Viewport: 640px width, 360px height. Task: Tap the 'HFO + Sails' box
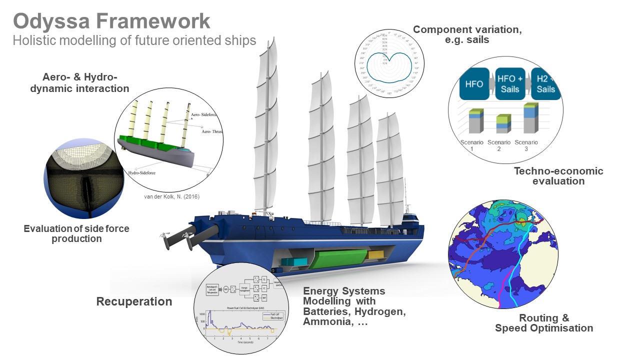510,84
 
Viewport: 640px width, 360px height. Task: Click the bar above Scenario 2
503,124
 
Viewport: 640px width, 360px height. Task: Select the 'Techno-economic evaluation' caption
558,176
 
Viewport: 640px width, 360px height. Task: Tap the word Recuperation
134,301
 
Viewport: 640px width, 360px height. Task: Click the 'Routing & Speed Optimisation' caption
544,323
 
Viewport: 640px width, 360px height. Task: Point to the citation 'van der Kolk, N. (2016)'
171,196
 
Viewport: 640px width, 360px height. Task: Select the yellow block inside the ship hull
374,254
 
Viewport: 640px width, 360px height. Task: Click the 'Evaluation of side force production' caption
76,233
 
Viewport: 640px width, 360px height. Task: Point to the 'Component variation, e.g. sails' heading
467,34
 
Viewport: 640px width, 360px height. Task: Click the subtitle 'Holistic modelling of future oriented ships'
134,40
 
